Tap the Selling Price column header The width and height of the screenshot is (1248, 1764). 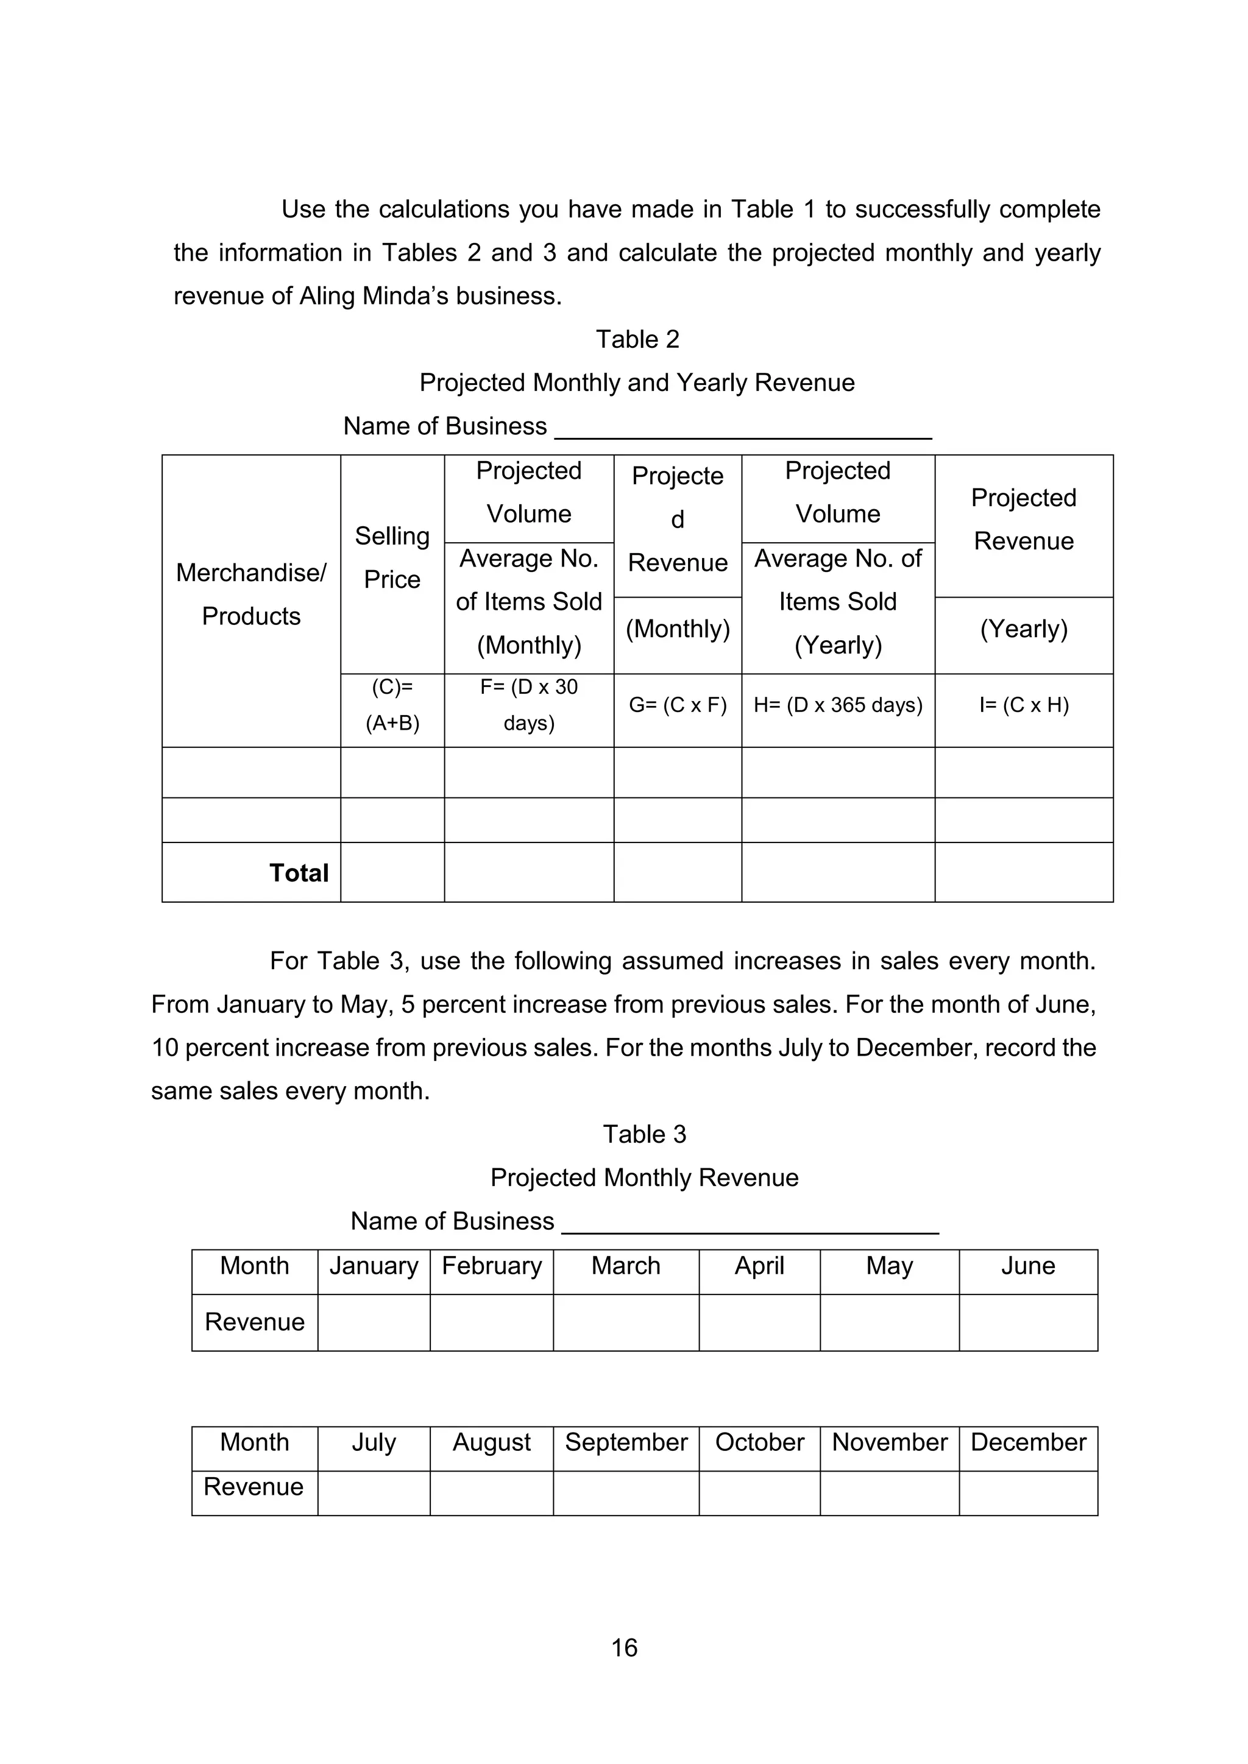tap(392, 557)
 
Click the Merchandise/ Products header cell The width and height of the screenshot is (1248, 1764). tap(251, 594)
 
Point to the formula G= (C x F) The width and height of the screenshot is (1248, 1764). tap(677, 705)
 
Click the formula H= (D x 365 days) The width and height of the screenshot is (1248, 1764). tap(838, 705)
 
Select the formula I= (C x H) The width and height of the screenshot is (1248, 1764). tap(1024, 705)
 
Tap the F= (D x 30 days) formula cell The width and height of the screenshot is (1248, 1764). tap(529, 705)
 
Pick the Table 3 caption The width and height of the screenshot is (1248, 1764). tap(644, 1134)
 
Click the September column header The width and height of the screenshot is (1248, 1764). tap(626, 1442)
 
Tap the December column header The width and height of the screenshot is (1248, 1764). tap(1028, 1442)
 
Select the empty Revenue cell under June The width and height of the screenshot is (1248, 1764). tap(1028, 1322)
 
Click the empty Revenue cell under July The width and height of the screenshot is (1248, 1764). tap(374, 1493)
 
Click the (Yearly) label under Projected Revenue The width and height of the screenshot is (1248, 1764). tap(1024, 629)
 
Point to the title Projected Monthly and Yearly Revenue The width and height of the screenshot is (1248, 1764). tap(636, 383)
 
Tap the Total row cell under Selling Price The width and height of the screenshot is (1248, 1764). tap(392, 872)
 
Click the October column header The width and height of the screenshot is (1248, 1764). tap(759, 1442)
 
